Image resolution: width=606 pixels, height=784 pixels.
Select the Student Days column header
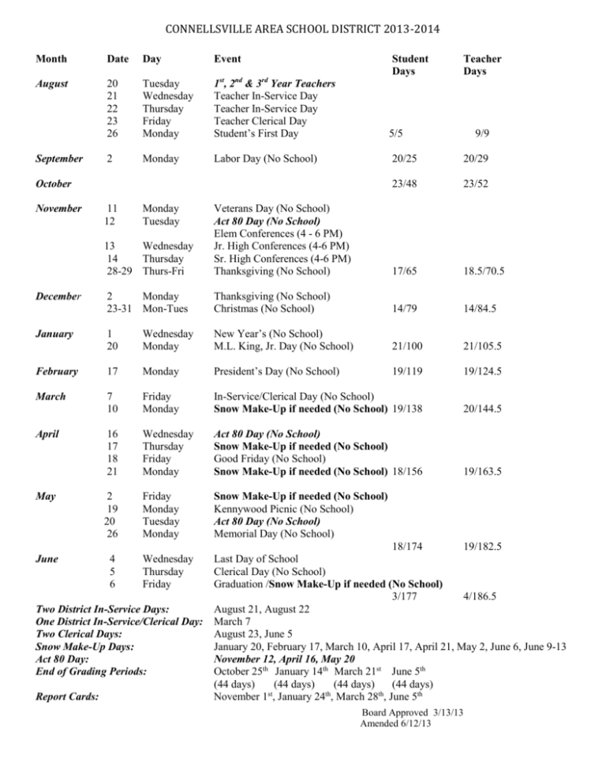(x=410, y=65)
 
